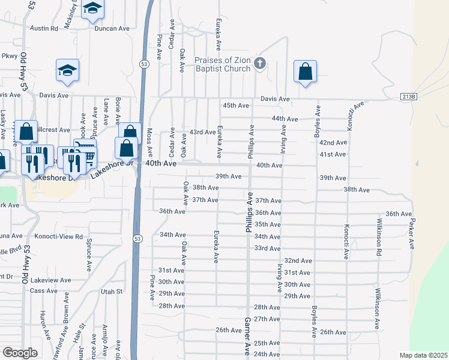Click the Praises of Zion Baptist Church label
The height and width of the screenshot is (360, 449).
coord(222,64)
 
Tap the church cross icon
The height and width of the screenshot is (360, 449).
coord(260,63)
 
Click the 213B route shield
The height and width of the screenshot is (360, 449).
coord(408,97)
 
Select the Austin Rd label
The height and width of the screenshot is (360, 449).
coord(44,28)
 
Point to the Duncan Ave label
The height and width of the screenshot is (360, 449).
coord(112,28)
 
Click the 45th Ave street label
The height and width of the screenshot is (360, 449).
coord(235,106)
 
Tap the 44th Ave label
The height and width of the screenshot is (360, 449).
coord(285,119)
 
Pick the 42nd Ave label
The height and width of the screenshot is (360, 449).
coord(333,143)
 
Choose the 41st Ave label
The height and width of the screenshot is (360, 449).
coord(333,154)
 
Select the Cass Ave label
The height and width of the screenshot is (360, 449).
coord(43,290)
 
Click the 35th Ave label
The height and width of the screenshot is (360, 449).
coord(267,224)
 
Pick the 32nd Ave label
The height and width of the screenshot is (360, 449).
coord(298,260)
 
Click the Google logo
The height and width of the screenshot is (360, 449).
coord(20,353)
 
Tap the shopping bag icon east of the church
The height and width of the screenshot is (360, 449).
coord(305,71)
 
